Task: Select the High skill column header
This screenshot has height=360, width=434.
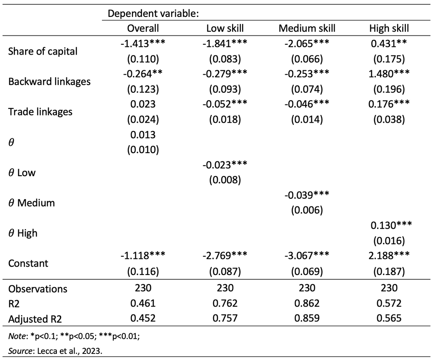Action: pyautogui.click(x=389, y=29)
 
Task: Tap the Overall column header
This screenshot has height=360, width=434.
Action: pyautogui.click(x=143, y=29)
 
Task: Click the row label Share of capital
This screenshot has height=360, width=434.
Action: pyautogui.click(x=43, y=51)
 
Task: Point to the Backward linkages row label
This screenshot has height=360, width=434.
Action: pyautogui.click(x=49, y=82)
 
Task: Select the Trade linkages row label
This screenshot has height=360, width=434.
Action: pyautogui.click(x=40, y=112)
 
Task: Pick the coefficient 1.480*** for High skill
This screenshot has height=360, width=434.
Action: pyautogui.click(x=389, y=74)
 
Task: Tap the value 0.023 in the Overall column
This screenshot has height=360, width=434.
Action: pyautogui.click(x=143, y=104)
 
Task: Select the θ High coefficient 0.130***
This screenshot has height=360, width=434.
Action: pyautogui.click(x=389, y=225)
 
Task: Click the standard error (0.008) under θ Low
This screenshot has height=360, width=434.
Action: pyautogui.click(x=225, y=180)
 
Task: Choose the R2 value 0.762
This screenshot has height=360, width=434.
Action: pyautogui.click(x=225, y=304)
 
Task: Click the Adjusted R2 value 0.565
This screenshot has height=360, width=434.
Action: pyautogui.click(x=389, y=319)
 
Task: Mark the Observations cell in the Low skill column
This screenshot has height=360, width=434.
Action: pyautogui.click(x=225, y=289)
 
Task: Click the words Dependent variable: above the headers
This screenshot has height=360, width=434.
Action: pyautogui.click(x=153, y=13)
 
